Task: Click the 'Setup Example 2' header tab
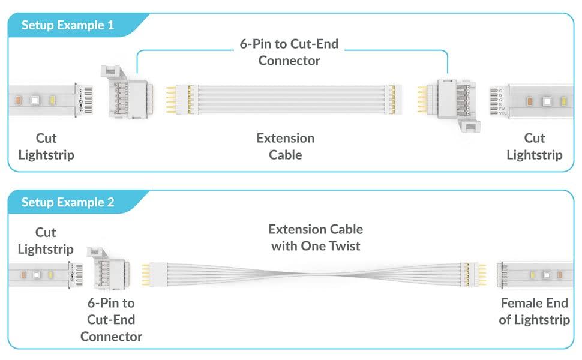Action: click(67, 202)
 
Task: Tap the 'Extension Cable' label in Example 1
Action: click(286, 146)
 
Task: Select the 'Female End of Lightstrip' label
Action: click(534, 311)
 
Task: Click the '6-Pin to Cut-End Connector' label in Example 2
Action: click(111, 319)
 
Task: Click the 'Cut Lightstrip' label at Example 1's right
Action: click(534, 146)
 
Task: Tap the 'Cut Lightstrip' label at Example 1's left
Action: click(46, 146)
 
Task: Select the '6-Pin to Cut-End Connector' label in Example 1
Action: click(289, 52)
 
